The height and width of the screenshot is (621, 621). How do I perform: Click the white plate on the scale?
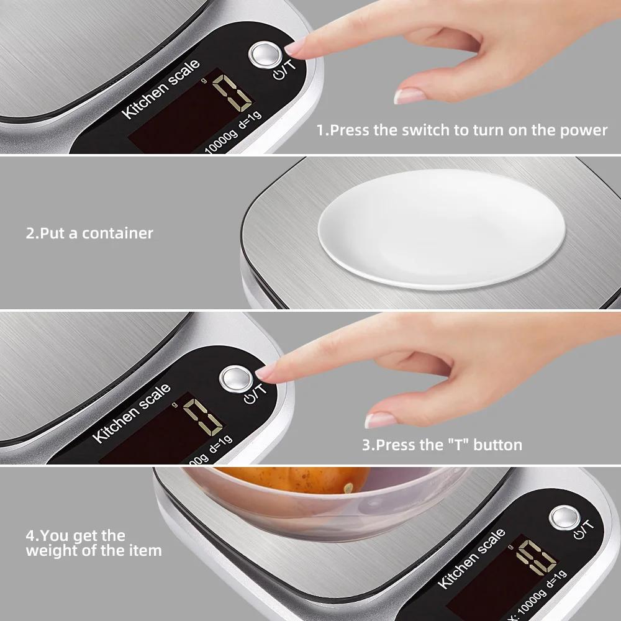click(441, 229)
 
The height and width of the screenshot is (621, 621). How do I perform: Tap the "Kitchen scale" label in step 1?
click(161, 88)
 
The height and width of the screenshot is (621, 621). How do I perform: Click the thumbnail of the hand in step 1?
click(408, 96)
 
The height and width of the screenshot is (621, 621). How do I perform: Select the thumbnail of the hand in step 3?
click(380, 420)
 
